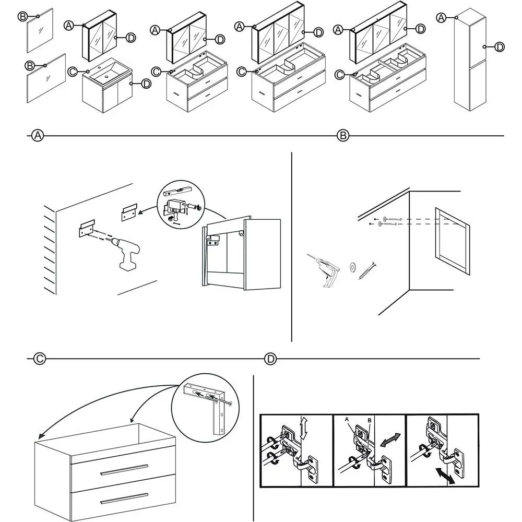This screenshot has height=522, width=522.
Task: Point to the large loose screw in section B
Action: point(367,271)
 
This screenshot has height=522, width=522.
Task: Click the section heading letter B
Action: point(342,136)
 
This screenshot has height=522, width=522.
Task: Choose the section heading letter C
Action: point(39,359)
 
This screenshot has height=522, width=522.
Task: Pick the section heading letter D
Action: point(270,359)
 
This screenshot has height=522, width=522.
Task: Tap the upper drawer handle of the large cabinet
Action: point(123,469)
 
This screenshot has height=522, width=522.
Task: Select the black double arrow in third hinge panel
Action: point(444,476)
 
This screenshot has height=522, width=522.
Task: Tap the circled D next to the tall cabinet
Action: point(499,47)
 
